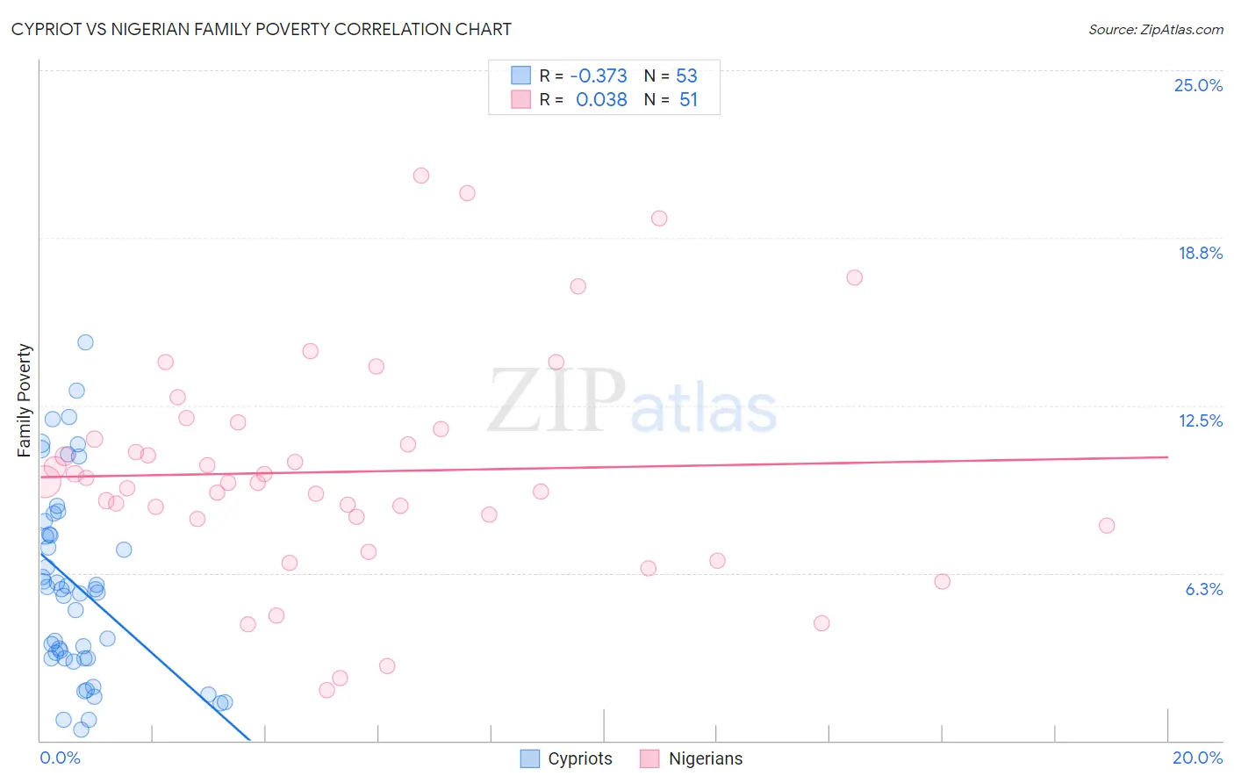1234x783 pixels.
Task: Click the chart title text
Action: (x=261, y=29)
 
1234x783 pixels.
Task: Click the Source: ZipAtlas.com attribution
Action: (x=1155, y=29)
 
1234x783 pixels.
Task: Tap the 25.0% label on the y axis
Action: (x=1198, y=85)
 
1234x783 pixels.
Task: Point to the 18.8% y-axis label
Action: (x=1200, y=253)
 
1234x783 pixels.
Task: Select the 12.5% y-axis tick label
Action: (x=1200, y=420)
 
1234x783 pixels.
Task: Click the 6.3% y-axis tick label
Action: (x=1203, y=589)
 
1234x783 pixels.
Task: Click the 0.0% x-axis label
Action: (x=60, y=758)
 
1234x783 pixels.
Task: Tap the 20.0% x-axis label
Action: (x=1197, y=758)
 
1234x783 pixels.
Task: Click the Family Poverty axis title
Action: (x=25, y=400)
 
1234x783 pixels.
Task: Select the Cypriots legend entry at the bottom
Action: (x=566, y=758)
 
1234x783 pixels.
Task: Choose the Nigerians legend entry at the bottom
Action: (x=692, y=758)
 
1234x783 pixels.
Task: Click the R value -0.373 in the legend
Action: (x=598, y=75)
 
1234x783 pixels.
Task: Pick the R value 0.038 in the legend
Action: (x=601, y=100)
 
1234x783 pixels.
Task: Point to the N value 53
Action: (x=686, y=75)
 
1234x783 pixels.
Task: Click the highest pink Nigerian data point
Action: (x=421, y=176)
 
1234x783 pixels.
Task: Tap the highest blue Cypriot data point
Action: (x=85, y=342)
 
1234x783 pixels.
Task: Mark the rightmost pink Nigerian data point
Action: (x=1107, y=526)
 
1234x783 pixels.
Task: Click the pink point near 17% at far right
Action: (x=854, y=277)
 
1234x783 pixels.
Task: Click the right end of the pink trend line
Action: (x=1167, y=456)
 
